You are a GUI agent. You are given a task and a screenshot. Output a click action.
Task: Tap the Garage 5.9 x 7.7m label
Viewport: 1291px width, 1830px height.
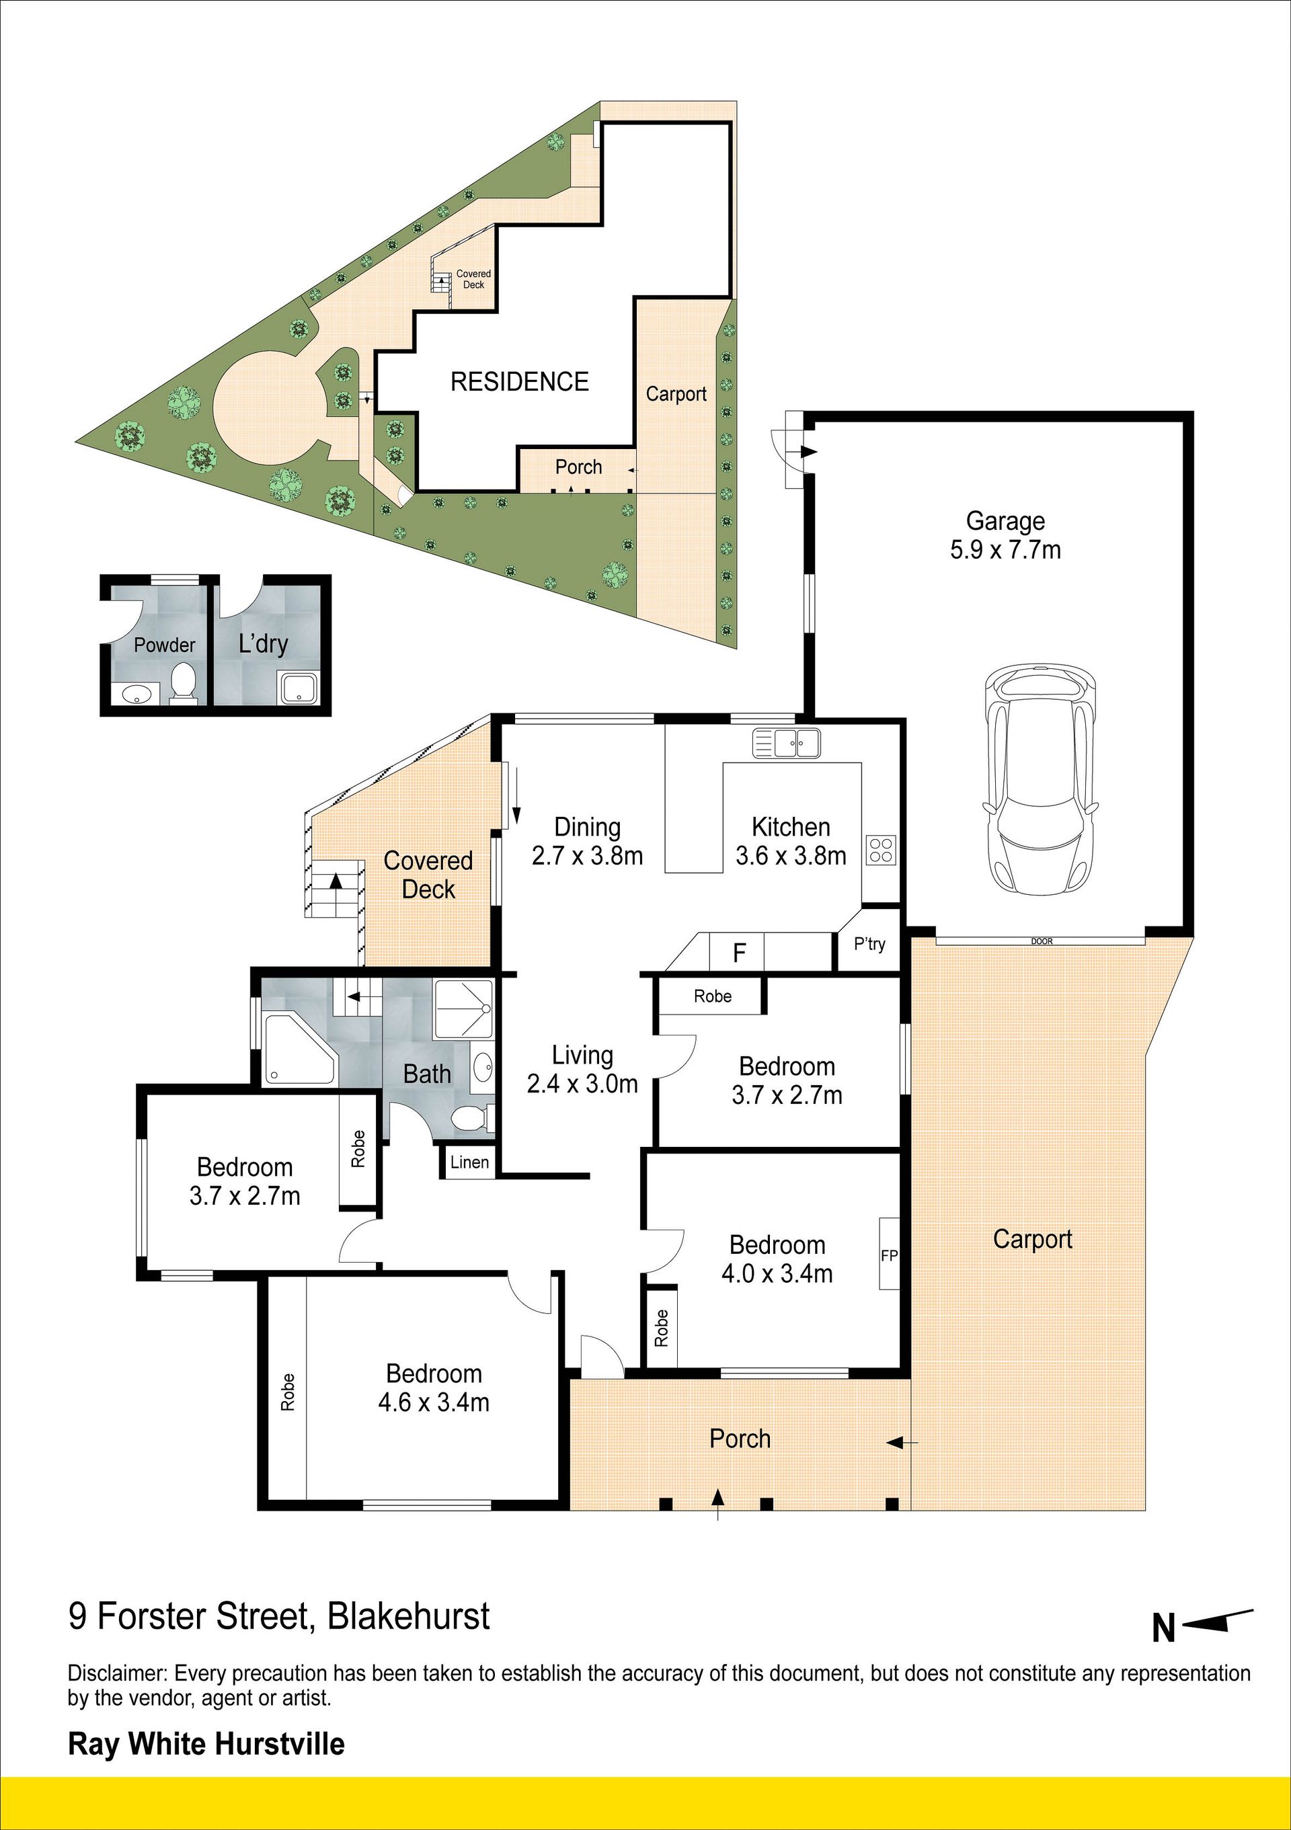coord(1005,536)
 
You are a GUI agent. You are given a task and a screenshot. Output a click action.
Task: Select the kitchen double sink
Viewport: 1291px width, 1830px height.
coord(786,743)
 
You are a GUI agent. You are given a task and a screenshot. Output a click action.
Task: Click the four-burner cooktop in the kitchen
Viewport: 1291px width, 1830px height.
coord(882,850)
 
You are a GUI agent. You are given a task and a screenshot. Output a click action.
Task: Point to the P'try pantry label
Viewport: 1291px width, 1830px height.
coord(869,944)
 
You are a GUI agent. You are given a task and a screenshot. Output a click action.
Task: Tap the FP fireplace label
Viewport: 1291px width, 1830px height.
coord(890,1255)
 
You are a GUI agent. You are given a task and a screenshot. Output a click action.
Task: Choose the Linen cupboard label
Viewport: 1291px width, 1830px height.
coord(469,1162)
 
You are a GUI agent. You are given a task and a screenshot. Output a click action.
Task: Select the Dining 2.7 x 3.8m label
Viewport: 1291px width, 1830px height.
coord(587,842)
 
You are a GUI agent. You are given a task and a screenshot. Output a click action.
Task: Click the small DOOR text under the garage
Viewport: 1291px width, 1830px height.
coord(1042,941)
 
